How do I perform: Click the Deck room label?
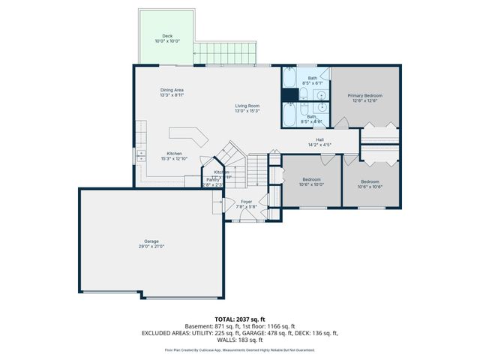168,36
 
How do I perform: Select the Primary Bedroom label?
364,96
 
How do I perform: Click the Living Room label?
247,106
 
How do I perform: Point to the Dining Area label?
172,90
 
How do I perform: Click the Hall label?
319,139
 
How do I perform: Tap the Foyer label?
247,201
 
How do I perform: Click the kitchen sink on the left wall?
140,155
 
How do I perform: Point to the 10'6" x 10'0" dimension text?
311,184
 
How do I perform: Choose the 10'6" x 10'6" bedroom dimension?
370,186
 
